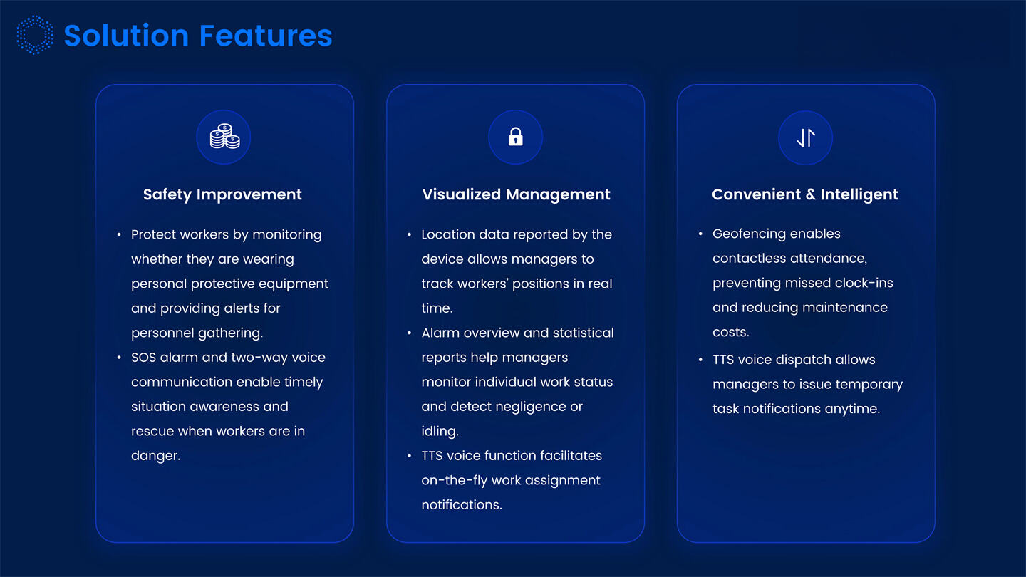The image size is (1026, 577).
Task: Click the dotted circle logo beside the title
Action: point(35,36)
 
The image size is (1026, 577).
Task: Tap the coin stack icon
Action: point(224,137)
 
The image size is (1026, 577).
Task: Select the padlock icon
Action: point(515,137)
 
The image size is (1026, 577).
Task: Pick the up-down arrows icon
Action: point(805,137)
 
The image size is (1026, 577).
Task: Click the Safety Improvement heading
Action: point(222,194)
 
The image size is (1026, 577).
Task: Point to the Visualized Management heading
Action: point(516,194)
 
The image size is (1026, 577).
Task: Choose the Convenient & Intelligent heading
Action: point(805,194)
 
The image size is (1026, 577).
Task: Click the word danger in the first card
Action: point(155,456)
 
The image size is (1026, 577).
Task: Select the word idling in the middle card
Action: point(439,431)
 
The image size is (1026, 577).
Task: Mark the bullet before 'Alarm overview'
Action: point(410,333)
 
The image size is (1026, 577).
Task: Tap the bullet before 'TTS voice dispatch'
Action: point(701,360)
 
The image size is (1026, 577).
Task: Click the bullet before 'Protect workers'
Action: point(119,234)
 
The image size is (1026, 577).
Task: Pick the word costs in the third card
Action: point(730,332)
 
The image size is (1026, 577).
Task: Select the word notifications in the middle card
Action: point(461,504)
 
